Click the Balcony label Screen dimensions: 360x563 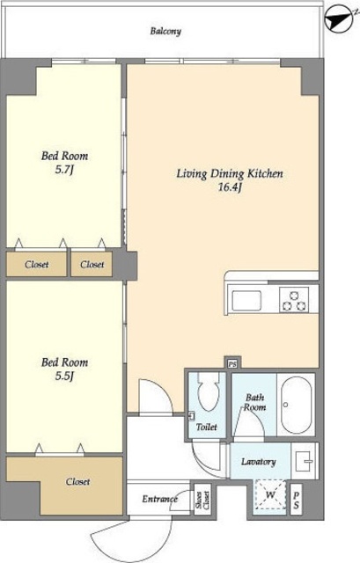click(165, 32)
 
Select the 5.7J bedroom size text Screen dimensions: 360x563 click(64, 170)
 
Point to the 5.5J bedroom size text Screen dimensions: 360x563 click(64, 376)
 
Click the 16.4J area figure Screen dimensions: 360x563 click(230, 187)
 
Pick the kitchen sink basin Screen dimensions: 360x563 click(246, 301)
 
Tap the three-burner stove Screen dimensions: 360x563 click(295, 300)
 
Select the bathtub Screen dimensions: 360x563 click(296, 405)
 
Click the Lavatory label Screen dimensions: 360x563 click(258, 462)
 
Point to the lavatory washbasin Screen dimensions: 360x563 click(304, 461)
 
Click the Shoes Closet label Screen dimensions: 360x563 click(202, 500)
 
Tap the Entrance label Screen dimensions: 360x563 click(159, 499)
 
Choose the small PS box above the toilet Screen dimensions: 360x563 click(232, 363)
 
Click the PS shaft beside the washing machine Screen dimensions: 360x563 click(296, 500)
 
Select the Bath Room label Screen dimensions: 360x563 click(255, 403)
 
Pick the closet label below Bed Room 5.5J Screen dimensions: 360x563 click(77, 481)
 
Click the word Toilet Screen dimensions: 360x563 click(207, 427)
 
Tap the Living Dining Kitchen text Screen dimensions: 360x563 click(230, 174)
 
